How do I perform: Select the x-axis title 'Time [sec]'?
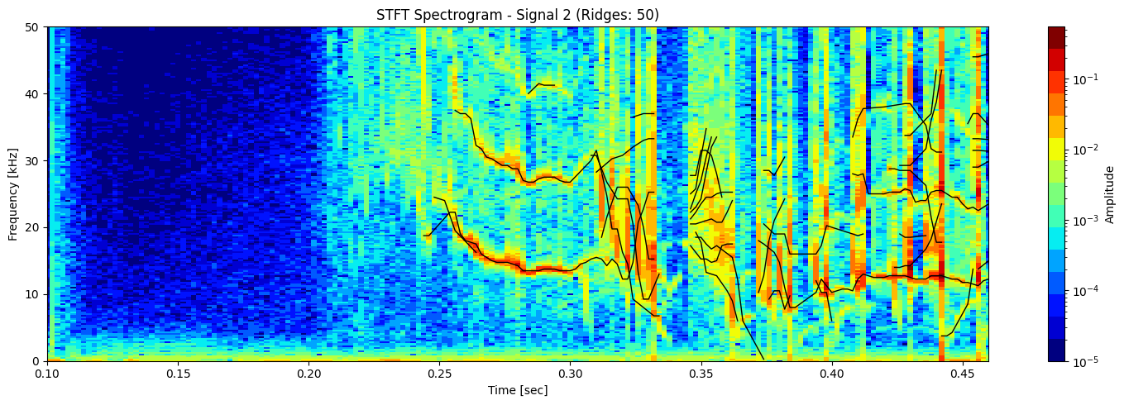[x=517, y=390]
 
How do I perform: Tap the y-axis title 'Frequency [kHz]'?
[x=13, y=193]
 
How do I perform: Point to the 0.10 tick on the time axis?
[x=47, y=374]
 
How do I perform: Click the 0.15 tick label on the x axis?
[x=178, y=374]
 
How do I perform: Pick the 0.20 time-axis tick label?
[x=309, y=374]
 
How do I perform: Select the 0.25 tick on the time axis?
[x=439, y=374]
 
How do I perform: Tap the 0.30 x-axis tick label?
[x=570, y=374]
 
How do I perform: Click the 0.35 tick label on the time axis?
[x=701, y=374]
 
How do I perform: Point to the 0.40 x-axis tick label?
[x=831, y=374]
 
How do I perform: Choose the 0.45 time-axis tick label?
[x=962, y=374]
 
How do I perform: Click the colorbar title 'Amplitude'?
[x=1109, y=193]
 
